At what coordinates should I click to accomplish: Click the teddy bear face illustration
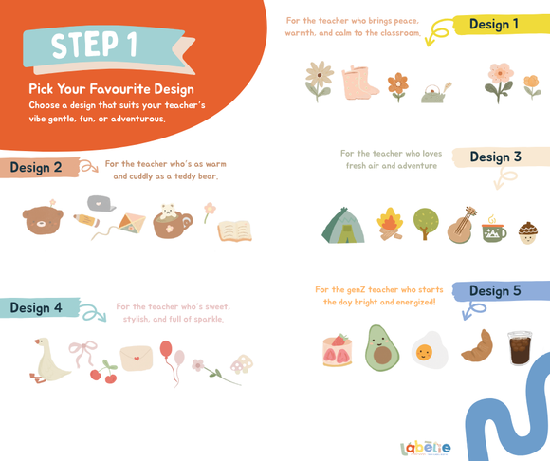[x=43, y=220]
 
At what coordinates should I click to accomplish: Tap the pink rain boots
[x=360, y=83]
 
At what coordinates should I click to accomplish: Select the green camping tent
[x=343, y=226]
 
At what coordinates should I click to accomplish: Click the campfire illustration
[x=390, y=224]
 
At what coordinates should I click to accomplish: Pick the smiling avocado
[x=381, y=348]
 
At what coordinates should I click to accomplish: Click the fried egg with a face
[x=430, y=350]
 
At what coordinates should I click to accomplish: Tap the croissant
[x=477, y=346]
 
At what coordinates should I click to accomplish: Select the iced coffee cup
[x=520, y=348]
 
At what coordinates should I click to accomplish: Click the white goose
[x=49, y=360]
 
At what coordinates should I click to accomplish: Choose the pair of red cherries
[x=104, y=372]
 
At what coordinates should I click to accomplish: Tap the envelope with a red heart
[x=137, y=359]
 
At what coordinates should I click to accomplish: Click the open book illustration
[x=234, y=231]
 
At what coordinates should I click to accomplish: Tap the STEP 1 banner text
[x=94, y=45]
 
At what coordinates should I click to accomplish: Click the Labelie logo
[x=425, y=448]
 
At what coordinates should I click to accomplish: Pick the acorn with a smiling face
[x=528, y=232]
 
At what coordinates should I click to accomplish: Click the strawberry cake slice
[x=337, y=350]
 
